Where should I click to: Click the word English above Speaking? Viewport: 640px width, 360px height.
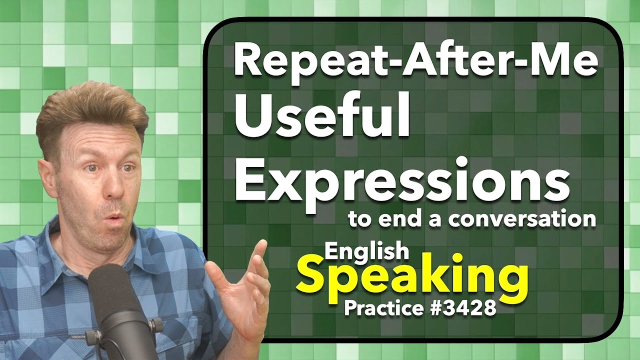366,252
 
